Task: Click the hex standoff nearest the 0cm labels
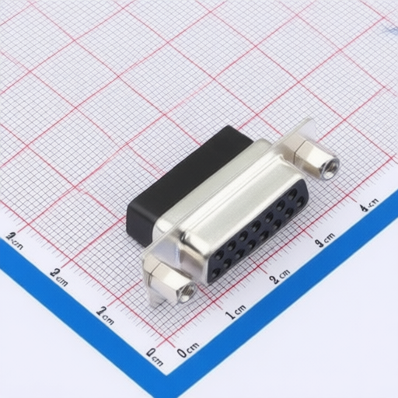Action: point(173,281)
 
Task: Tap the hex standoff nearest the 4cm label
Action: point(314,159)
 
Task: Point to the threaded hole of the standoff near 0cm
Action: point(187,293)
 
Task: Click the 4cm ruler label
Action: point(368,205)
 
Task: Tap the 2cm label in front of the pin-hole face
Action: point(279,277)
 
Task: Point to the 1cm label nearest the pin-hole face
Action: point(234,313)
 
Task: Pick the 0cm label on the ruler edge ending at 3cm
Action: point(155,356)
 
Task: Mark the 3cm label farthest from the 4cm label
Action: point(12,237)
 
